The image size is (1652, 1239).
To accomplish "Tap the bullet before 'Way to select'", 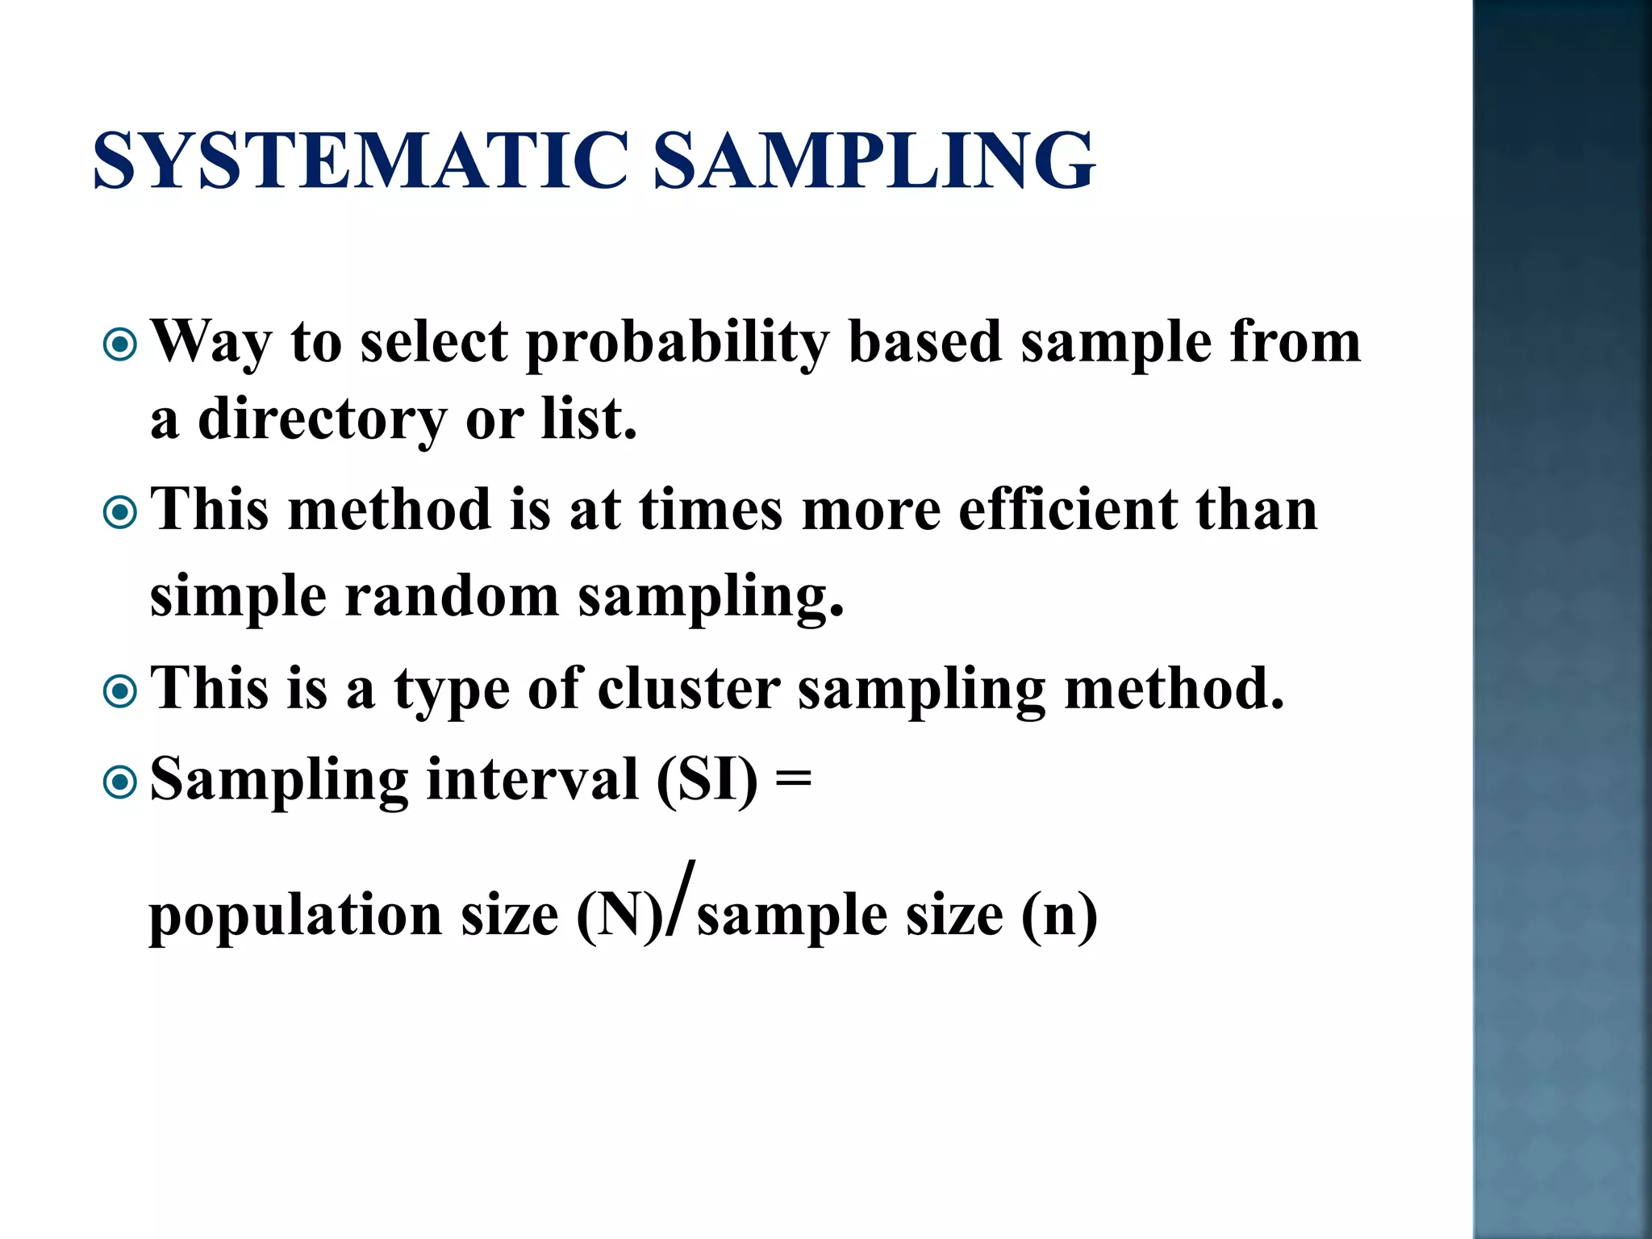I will coord(121,345).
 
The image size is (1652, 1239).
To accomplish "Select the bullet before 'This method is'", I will coord(121,512).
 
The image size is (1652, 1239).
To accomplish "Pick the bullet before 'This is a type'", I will coord(121,691).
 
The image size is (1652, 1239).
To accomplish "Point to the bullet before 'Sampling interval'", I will coord(121,782).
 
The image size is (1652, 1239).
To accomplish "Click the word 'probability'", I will coord(678,343).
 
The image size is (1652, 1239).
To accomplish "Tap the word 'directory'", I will coord(323,419).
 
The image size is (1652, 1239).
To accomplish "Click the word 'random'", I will coord(452,597).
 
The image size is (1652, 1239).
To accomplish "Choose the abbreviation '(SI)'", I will coord(707,781).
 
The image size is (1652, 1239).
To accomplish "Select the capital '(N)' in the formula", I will coord(619,916).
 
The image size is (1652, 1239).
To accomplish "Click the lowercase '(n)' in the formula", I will coord(1058,916).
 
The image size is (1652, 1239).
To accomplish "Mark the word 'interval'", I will coord(532,780).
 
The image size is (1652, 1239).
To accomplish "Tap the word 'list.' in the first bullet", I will coord(589,419).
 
